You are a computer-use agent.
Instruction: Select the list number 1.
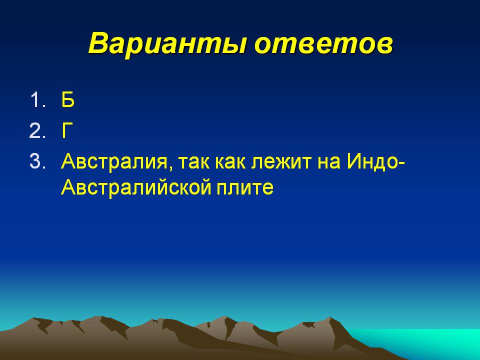coord(38,100)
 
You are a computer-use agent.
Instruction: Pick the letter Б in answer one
coord(67,99)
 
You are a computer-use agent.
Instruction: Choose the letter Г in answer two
coord(67,130)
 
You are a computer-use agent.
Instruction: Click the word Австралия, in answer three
coord(114,162)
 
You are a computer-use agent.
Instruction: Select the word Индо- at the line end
coord(376,162)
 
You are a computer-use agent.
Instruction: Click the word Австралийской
coord(136,187)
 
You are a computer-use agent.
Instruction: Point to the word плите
coord(245,187)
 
